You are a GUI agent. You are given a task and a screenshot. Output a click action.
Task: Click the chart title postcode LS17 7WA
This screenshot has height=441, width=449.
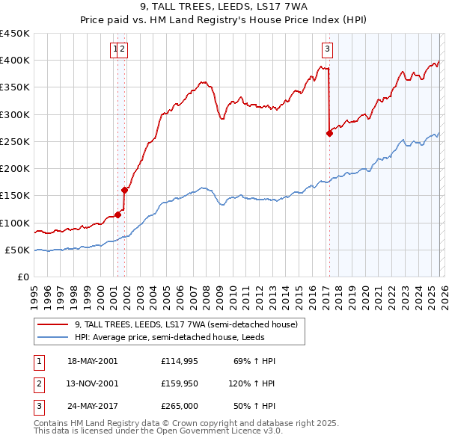click(x=279, y=7)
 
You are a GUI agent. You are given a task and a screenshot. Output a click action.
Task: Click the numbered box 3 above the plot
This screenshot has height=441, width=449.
click(x=328, y=50)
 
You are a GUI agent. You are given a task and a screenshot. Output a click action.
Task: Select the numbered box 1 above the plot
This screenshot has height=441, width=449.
click(x=115, y=50)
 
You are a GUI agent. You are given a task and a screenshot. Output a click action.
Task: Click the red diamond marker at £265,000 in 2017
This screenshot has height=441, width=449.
click(x=329, y=134)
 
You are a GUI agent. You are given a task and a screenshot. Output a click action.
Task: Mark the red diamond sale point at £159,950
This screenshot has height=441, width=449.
click(x=124, y=190)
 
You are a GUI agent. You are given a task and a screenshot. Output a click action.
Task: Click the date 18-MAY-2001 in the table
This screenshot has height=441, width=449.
click(x=92, y=361)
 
